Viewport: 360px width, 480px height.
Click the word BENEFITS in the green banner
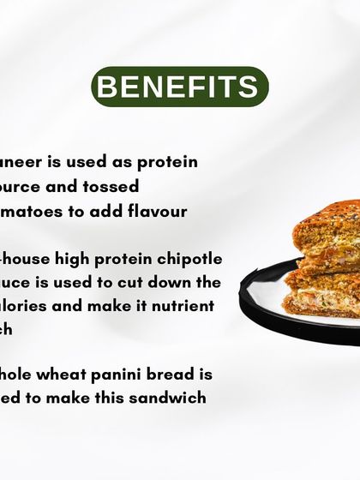[180, 87]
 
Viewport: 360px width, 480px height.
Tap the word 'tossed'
[108, 186]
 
